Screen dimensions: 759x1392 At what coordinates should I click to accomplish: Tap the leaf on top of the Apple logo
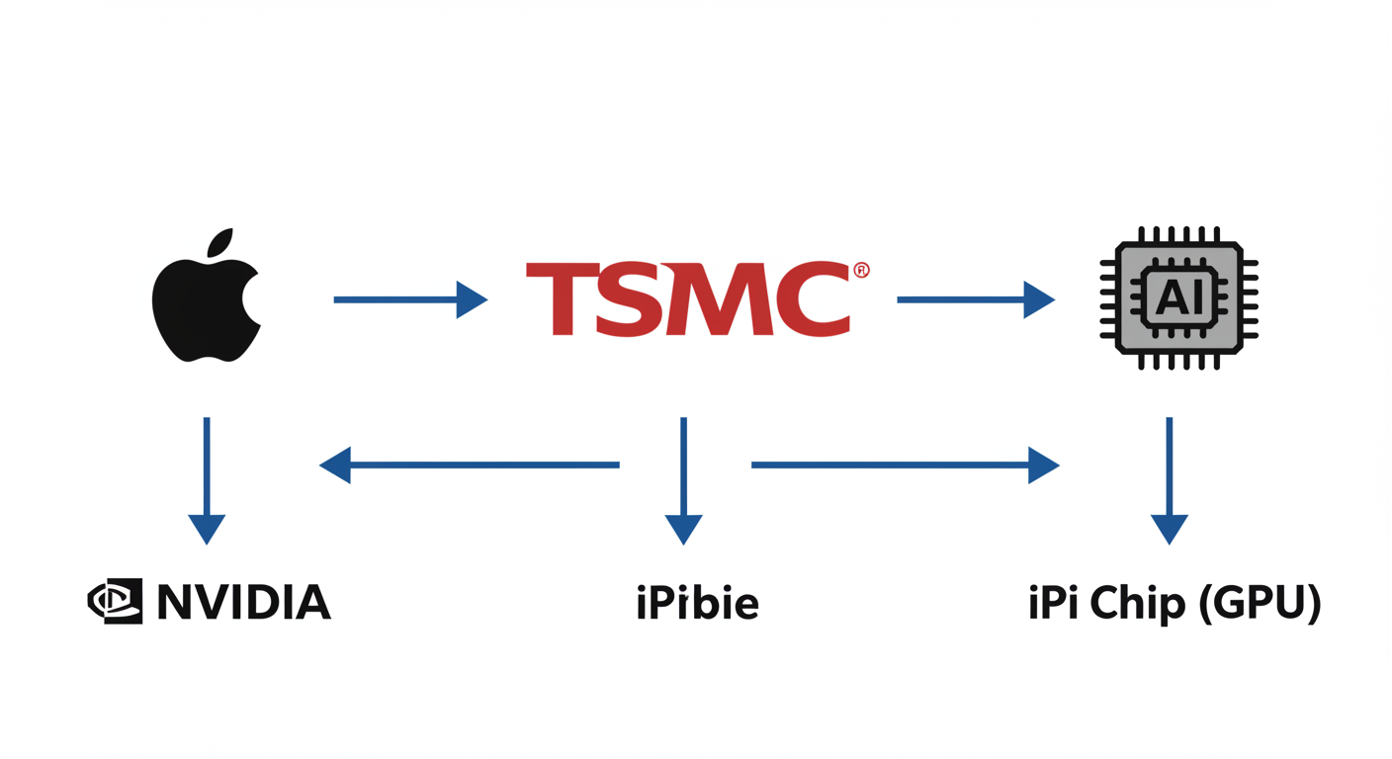click(219, 242)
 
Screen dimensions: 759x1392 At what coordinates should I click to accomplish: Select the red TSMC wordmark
click(687, 299)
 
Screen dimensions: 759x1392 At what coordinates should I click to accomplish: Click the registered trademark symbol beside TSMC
click(861, 270)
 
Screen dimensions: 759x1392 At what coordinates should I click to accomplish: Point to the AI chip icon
click(1178, 298)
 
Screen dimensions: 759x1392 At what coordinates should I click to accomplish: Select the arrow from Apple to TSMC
click(409, 299)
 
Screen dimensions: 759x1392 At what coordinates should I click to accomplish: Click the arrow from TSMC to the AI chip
click(975, 299)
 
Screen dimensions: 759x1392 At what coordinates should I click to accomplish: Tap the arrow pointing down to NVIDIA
click(207, 479)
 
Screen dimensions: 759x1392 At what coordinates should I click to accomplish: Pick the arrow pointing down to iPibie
click(683, 479)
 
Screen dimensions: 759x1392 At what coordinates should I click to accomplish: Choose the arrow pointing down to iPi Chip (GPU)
click(1170, 479)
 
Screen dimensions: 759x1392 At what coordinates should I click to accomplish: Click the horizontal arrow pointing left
click(470, 464)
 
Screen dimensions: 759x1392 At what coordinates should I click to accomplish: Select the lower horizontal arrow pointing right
click(905, 464)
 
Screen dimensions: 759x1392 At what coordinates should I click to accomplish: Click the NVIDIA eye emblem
click(116, 601)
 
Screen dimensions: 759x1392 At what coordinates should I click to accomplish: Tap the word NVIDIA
click(243, 602)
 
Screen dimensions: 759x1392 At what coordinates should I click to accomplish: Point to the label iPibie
click(697, 602)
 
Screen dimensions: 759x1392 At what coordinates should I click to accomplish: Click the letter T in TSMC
click(563, 299)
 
